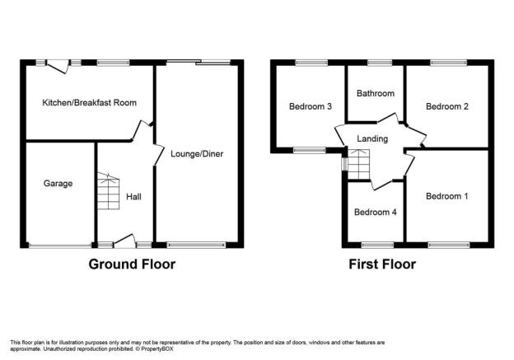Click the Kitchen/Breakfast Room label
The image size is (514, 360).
(89, 103)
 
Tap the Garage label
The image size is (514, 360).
(58, 183)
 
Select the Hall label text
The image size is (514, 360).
(133, 197)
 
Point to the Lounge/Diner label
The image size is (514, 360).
(197, 154)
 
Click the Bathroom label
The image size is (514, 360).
(376, 93)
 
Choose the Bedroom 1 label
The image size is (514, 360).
(446, 196)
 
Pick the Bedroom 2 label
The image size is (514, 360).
(446, 106)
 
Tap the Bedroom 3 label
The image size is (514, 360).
(310, 106)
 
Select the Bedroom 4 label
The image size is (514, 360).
(376, 213)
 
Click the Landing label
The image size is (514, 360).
(372, 138)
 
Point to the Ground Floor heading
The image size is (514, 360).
(132, 264)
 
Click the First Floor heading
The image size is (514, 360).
(382, 264)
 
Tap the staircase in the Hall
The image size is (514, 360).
(108, 191)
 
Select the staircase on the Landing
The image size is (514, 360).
(358, 164)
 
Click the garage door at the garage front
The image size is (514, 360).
(60, 245)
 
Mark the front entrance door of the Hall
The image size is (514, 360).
(124, 240)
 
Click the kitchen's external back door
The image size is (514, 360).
(58, 66)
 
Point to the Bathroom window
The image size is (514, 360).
(380, 63)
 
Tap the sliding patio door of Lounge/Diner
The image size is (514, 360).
(199, 62)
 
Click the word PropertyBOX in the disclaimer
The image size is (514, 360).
(157, 348)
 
